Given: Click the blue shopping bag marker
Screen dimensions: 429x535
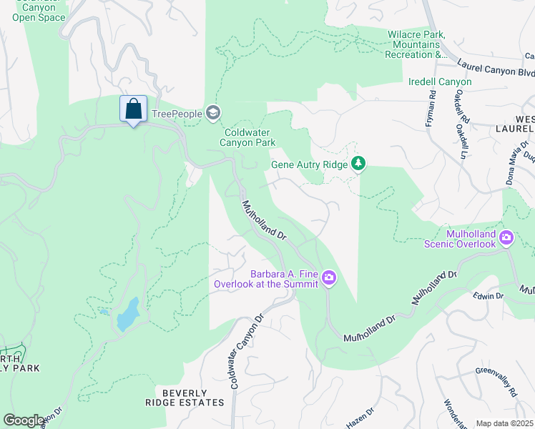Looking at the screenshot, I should tap(133, 110).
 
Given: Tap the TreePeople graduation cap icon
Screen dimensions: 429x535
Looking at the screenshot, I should tap(212, 113).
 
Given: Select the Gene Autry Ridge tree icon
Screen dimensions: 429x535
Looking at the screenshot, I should tap(358, 164).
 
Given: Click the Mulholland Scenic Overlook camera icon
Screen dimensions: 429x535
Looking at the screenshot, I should tap(506, 237).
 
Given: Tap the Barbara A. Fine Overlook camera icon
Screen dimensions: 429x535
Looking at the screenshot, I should tap(328, 277).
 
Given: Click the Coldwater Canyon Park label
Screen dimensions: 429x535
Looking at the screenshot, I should tap(249, 137).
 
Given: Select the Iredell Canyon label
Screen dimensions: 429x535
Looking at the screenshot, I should tap(440, 82).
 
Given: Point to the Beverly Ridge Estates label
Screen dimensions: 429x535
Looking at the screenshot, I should tap(184, 398).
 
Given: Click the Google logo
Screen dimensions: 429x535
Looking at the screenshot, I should tap(24, 420).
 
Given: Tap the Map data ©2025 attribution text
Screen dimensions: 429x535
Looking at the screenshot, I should tap(504, 423).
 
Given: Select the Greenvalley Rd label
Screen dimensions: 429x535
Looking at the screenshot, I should tap(497, 382).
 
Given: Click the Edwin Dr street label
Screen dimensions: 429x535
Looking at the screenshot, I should tap(489, 295).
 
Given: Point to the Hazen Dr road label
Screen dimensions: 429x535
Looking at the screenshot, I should tap(360, 418).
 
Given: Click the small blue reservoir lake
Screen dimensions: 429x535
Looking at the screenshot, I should tap(127, 315).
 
